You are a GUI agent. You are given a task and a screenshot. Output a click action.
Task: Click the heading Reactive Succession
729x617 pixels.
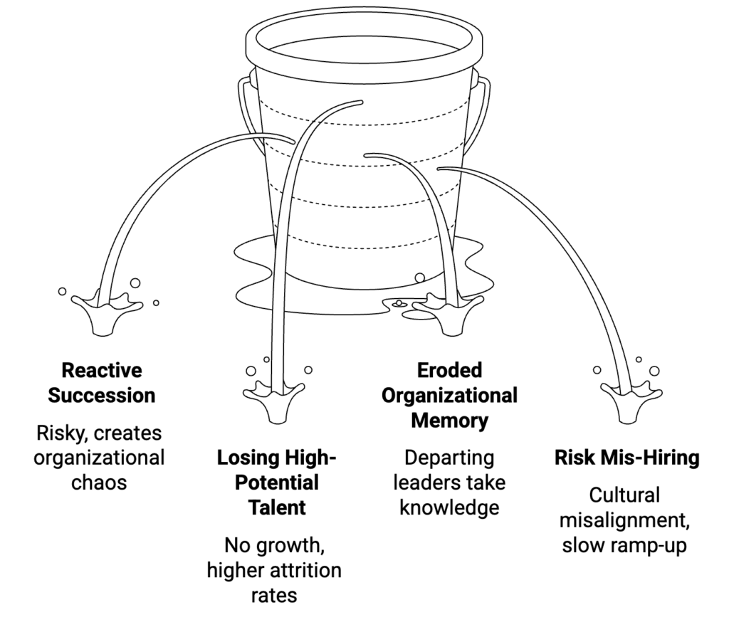[101, 382]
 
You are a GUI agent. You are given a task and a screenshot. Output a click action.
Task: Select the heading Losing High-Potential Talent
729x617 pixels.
[276, 482]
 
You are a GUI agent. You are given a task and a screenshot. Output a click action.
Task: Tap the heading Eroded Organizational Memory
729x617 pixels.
[449, 395]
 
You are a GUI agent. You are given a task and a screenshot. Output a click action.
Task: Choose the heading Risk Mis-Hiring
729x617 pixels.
[626, 458]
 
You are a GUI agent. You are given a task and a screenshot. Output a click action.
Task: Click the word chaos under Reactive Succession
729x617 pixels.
[99, 482]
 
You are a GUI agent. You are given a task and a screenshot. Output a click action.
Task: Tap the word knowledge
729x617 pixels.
[449, 507]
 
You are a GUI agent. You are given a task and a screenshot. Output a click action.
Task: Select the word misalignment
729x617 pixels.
[624, 520]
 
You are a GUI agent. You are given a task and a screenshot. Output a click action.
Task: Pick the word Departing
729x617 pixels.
[449, 456]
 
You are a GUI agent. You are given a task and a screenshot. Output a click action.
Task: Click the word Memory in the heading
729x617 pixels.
[449, 420]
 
